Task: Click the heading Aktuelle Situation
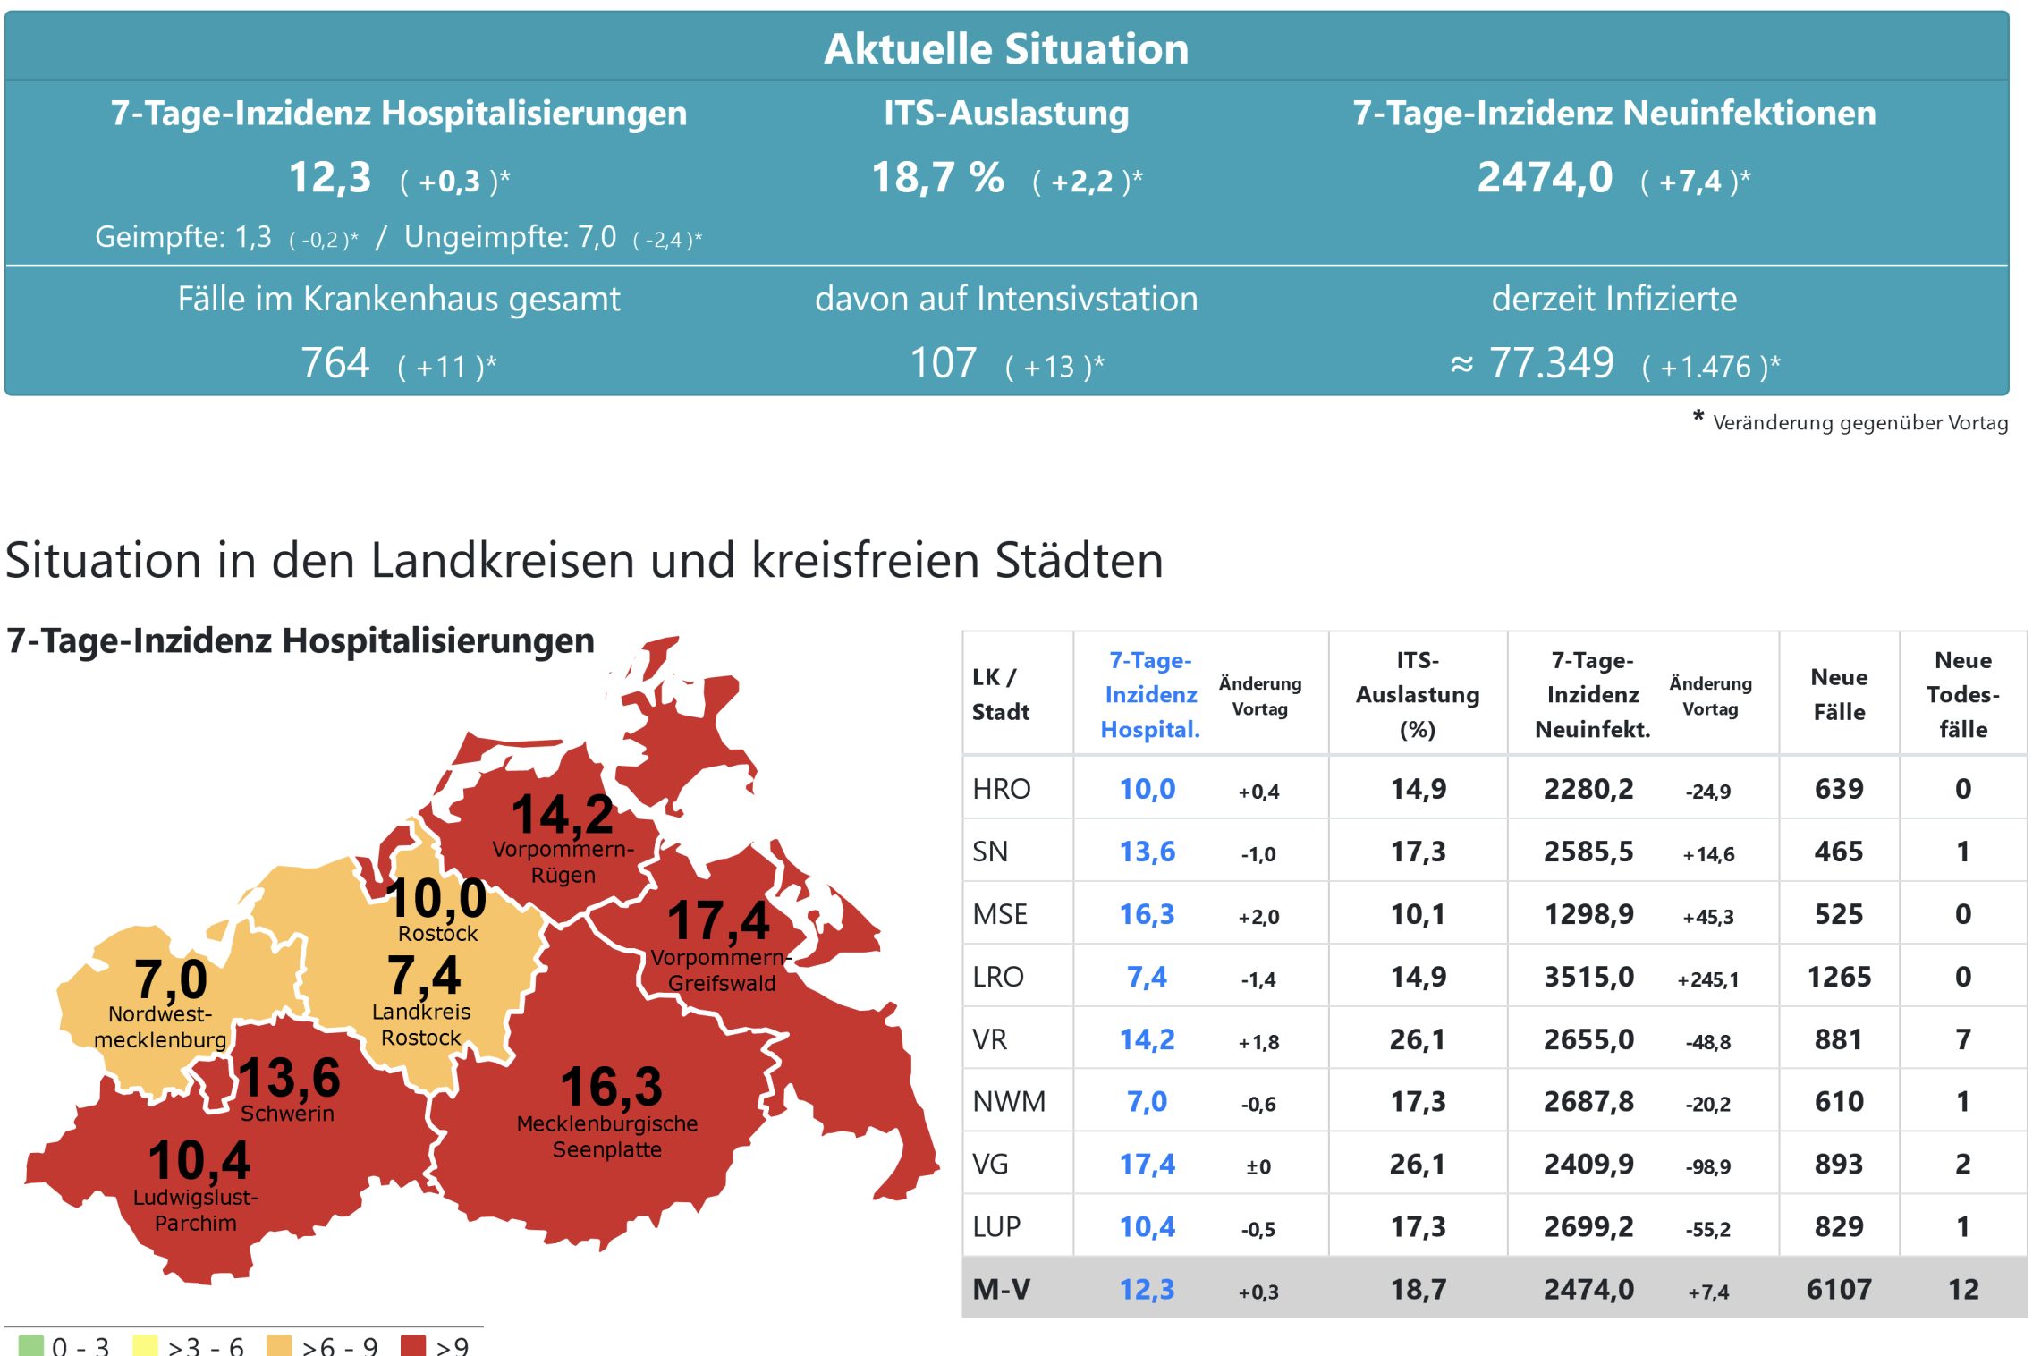pyautogui.click(x=1006, y=49)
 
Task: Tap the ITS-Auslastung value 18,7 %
pyautogui.click(x=937, y=178)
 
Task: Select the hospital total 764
pyautogui.click(x=335, y=363)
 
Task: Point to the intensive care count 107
pyautogui.click(x=943, y=363)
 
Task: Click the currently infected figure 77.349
pyautogui.click(x=1551, y=363)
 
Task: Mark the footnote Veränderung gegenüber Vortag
pyautogui.click(x=1859, y=423)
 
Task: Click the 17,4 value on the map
pyautogui.click(x=718, y=920)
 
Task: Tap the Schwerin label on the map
pyautogui.click(x=287, y=1114)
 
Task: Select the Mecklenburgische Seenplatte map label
pyautogui.click(x=607, y=1136)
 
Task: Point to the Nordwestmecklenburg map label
pyautogui.click(x=160, y=1027)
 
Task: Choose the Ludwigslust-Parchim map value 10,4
pyautogui.click(x=199, y=1161)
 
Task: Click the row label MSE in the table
pyautogui.click(x=1000, y=914)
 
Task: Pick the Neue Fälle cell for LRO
pyautogui.click(x=1839, y=977)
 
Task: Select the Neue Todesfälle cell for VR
pyautogui.click(x=1962, y=1039)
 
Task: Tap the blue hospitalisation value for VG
pyautogui.click(x=1147, y=1165)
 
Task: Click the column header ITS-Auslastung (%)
pyautogui.click(x=1418, y=694)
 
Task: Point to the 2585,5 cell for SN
pyautogui.click(x=1588, y=852)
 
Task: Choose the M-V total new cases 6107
pyautogui.click(x=1839, y=1290)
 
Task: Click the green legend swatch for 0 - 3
pyautogui.click(x=30, y=1345)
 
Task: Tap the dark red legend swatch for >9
pyautogui.click(x=413, y=1345)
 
